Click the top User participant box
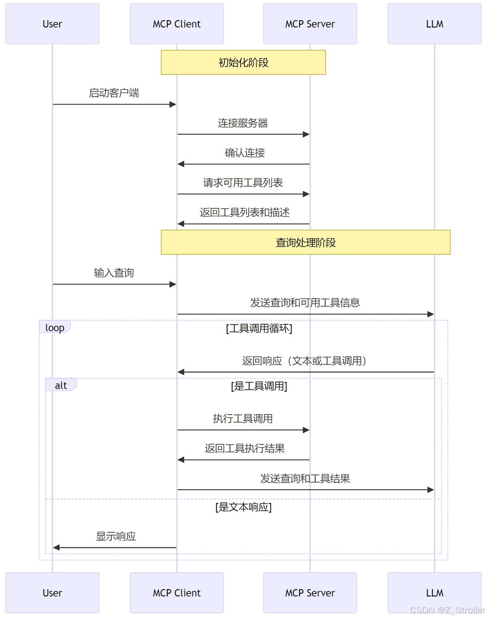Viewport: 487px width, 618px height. point(52,24)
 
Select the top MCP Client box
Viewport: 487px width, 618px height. point(177,24)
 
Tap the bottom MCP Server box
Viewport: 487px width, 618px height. point(310,593)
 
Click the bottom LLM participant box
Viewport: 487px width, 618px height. point(434,593)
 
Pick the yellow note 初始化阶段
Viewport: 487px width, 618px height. point(243,62)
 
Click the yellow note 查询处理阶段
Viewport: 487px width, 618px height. point(306,242)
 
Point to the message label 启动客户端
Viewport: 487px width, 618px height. point(114,93)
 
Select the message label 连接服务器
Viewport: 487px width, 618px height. point(243,123)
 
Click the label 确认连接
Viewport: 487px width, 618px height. point(245,153)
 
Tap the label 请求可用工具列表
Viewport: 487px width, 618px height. point(243,183)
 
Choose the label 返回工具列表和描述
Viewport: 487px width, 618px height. point(245,213)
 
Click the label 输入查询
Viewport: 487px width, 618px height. point(114,273)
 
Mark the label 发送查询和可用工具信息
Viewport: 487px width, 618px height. point(305,303)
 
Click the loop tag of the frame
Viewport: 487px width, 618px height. point(55,328)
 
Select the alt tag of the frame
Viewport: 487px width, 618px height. point(61,385)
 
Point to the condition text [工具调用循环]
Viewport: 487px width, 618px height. point(259,328)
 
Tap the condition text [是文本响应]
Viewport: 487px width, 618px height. point(243,507)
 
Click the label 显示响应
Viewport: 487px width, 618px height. point(116,536)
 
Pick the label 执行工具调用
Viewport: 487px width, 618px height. point(243,419)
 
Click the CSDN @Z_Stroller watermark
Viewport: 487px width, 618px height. point(447,610)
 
